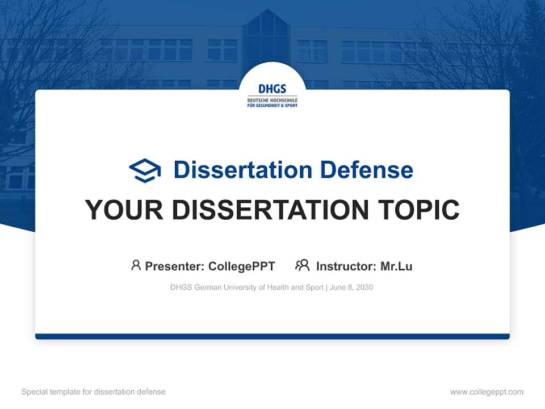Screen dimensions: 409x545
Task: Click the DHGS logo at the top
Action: click(x=272, y=95)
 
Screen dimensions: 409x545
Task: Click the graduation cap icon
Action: click(x=145, y=170)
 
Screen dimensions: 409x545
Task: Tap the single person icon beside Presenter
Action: click(x=136, y=265)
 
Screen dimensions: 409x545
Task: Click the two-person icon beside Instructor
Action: click(x=302, y=265)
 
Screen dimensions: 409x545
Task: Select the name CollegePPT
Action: click(x=242, y=266)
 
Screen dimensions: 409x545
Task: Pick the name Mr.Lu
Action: click(x=396, y=266)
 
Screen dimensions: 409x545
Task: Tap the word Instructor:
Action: click(x=346, y=266)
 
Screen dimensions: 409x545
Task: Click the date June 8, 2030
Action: click(x=351, y=287)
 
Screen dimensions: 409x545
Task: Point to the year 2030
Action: click(x=364, y=287)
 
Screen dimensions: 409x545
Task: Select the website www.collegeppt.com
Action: click(x=487, y=392)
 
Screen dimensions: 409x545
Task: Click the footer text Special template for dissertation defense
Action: click(x=94, y=392)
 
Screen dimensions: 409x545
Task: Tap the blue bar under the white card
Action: click(x=272, y=336)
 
